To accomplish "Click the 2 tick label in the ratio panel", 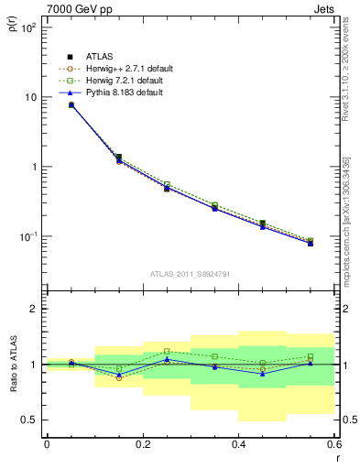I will click(x=34, y=309).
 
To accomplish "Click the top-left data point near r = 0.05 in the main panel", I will click(x=71, y=105).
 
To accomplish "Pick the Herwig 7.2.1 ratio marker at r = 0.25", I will click(x=167, y=351).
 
